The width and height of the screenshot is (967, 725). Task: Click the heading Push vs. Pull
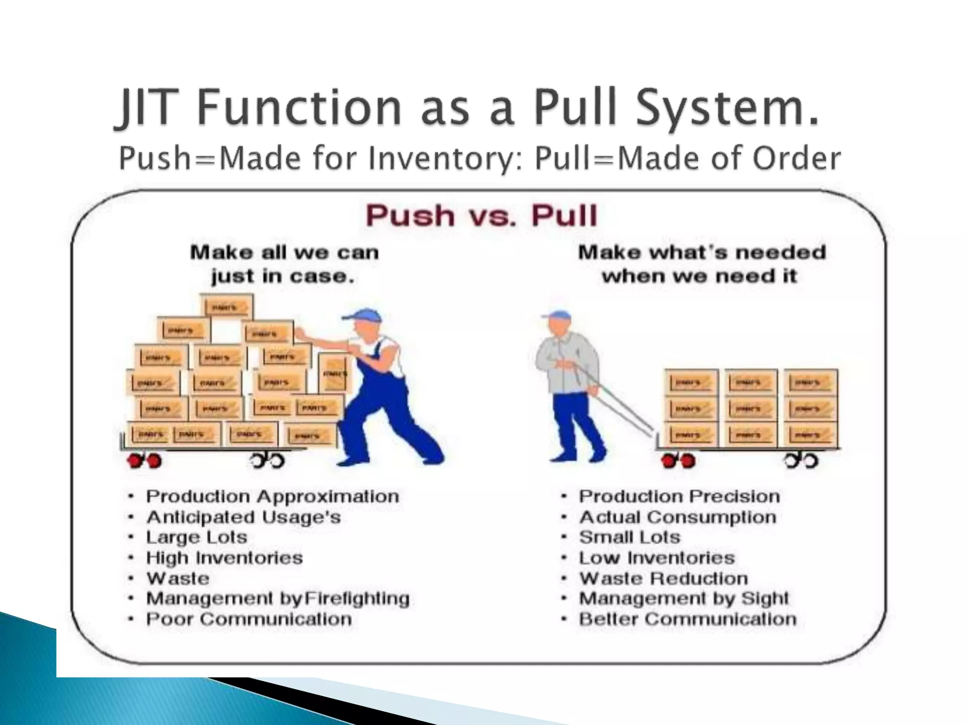click(482, 216)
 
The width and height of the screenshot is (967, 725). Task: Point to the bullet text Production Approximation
click(272, 497)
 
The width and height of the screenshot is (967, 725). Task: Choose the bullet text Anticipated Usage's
click(243, 517)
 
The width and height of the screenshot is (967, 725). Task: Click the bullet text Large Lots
click(196, 538)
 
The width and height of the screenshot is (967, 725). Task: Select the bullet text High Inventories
click(224, 558)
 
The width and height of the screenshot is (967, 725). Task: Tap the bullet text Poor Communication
click(249, 619)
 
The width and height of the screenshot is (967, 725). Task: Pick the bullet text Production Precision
click(679, 497)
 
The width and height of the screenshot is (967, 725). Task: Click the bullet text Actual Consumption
click(678, 517)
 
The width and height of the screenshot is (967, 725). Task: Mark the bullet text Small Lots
click(629, 538)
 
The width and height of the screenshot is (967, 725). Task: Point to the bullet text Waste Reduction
click(663, 579)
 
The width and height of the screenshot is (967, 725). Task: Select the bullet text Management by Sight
click(684, 599)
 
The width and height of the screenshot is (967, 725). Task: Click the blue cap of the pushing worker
click(363, 315)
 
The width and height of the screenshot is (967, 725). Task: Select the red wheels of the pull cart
click(678, 460)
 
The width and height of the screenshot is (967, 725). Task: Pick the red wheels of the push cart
click(144, 460)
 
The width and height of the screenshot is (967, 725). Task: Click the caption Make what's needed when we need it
click(702, 264)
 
